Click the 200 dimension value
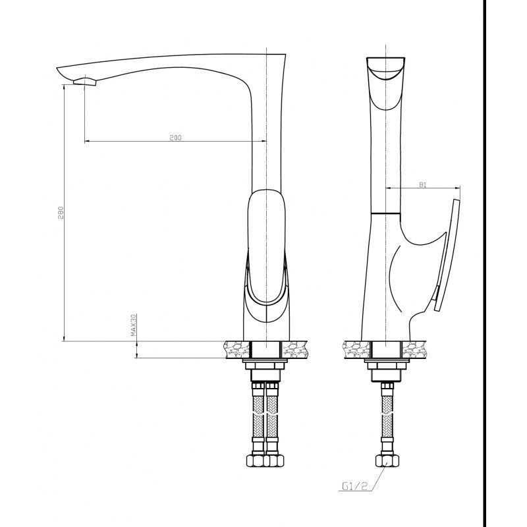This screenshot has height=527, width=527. (175, 138)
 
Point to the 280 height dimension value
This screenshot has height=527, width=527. (61, 213)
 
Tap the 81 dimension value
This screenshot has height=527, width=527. (423, 184)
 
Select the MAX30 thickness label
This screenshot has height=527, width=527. (134, 325)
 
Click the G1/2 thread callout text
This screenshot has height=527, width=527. (354, 486)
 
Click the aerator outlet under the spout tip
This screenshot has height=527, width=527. (85, 81)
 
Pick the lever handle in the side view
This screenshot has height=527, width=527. (447, 255)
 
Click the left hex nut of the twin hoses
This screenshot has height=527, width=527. (256, 460)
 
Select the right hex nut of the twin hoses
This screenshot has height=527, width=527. (274, 460)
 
